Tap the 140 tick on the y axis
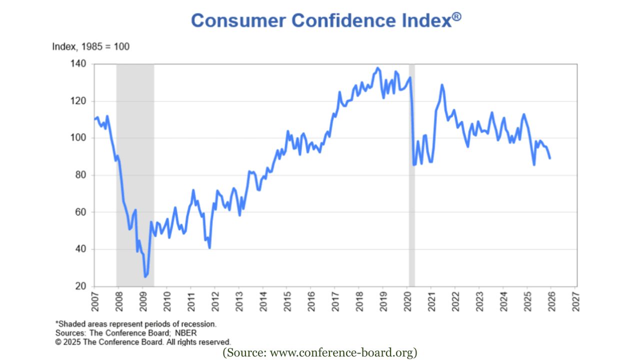click(80, 64)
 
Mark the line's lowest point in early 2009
click(145, 276)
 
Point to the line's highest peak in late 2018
click(377, 68)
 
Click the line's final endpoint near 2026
click(550, 158)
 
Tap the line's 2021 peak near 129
click(442, 85)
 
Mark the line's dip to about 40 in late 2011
click(209, 247)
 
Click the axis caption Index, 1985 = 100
click(91, 46)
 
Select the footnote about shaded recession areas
click(136, 324)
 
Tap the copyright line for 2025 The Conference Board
click(143, 342)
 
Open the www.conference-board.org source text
click(320, 352)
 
